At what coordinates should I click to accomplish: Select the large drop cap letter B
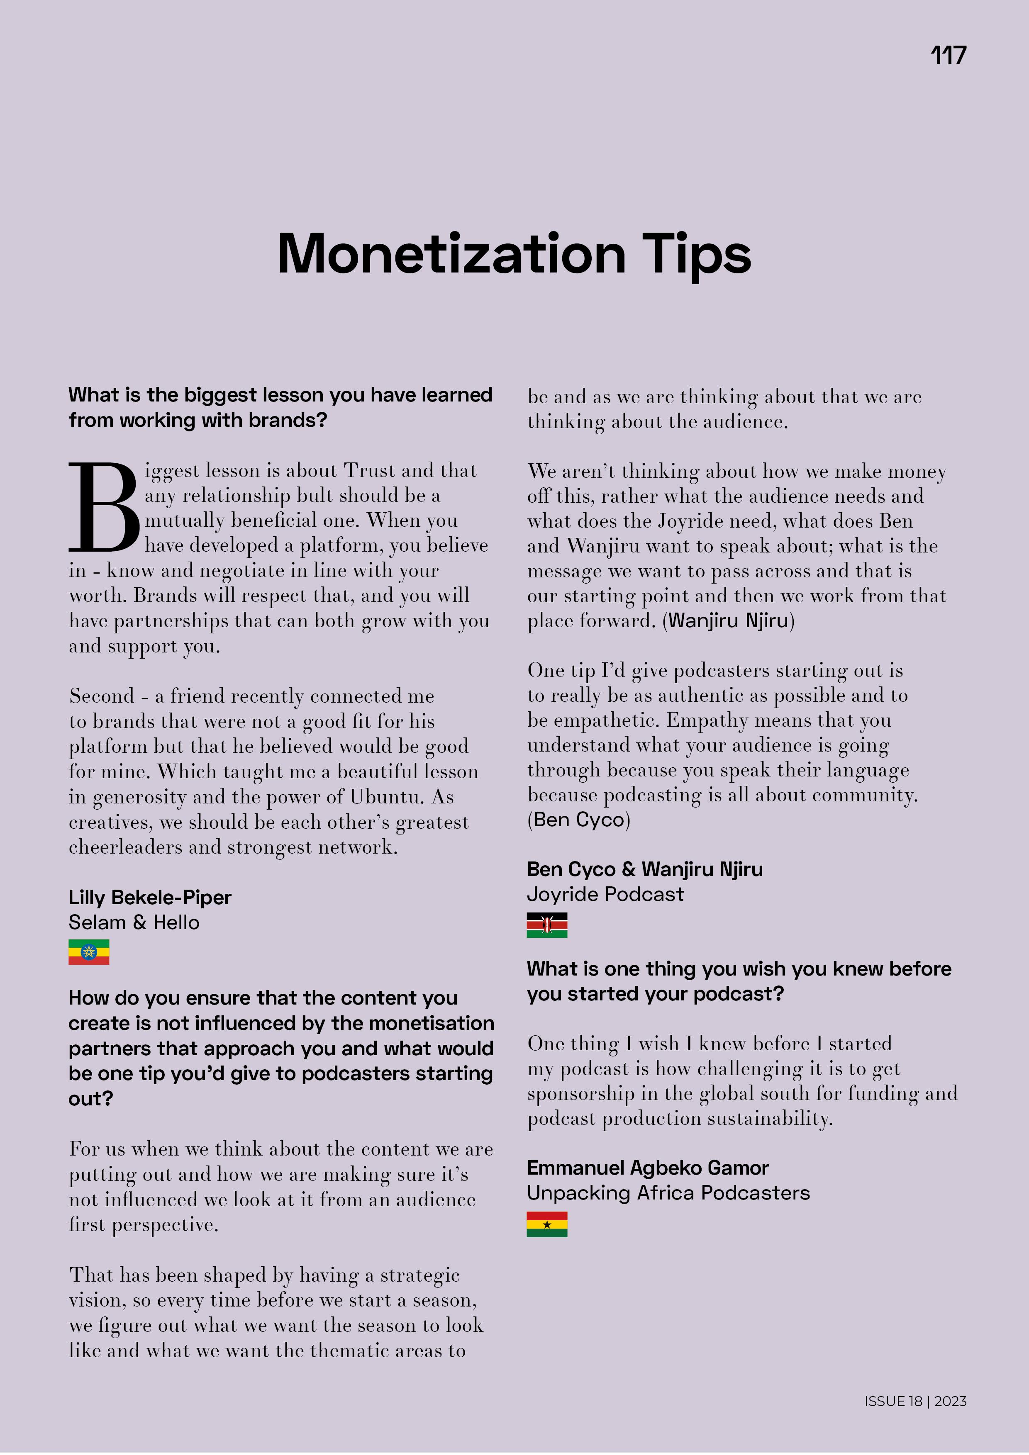103,507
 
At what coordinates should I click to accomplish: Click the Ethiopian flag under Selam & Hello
89,952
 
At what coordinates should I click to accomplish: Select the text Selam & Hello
134,923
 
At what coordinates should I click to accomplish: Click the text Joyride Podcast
605,894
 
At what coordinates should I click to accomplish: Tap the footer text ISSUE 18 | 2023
915,1401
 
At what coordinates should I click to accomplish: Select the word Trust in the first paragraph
369,471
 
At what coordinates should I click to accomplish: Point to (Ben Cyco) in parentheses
578,820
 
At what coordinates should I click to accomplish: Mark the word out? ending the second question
91,1098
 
